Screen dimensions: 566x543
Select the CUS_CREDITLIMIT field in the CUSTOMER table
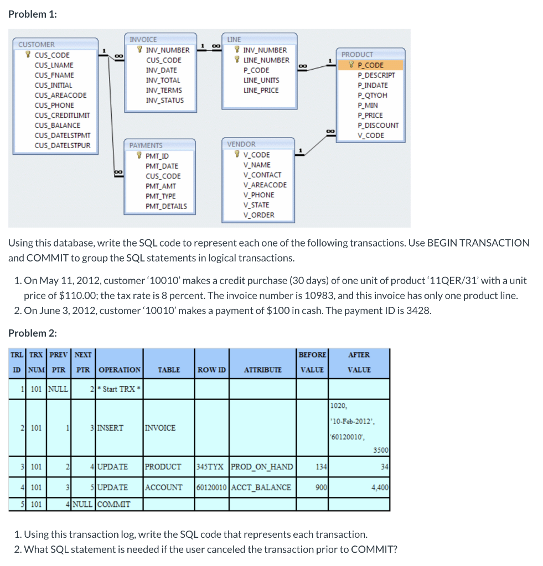coord(62,116)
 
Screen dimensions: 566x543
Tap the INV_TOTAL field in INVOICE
coord(163,80)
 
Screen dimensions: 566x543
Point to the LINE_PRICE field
coord(261,90)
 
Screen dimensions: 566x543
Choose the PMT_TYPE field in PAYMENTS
coord(161,196)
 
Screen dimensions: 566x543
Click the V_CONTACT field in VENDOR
coord(262,175)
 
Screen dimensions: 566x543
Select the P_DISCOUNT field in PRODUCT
coord(378,125)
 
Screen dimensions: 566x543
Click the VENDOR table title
coord(241,144)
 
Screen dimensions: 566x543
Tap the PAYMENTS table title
coord(146,145)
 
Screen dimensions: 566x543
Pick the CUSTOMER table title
coord(37,44)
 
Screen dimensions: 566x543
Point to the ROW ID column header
coord(211,370)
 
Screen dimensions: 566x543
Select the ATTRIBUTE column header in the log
coord(262,370)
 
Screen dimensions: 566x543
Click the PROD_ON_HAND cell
coord(262,467)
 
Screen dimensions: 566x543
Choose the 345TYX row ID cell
coord(210,467)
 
